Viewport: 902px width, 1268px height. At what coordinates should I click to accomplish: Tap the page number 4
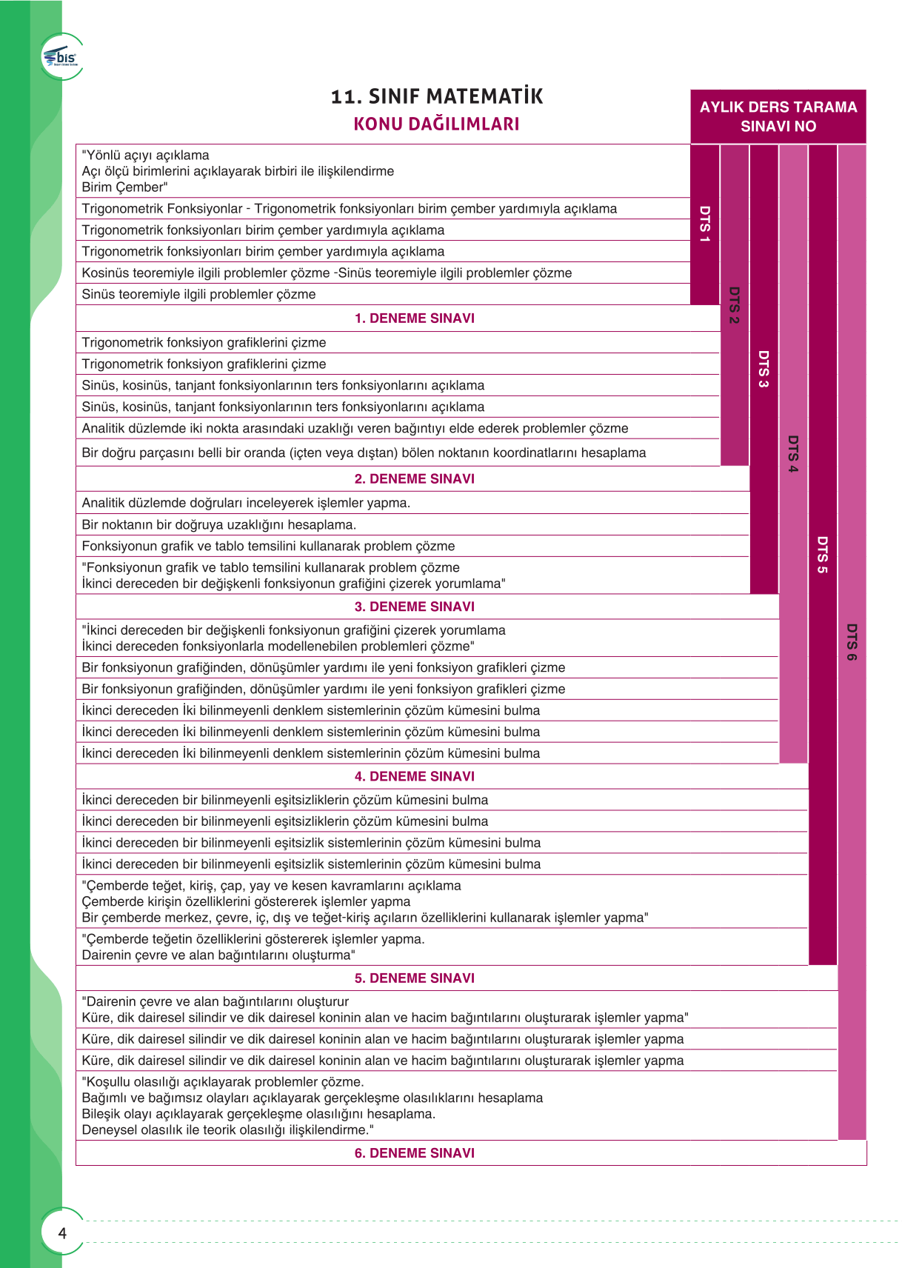[x=62, y=1233]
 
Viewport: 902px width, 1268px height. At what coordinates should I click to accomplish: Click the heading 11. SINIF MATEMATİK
[x=437, y=96]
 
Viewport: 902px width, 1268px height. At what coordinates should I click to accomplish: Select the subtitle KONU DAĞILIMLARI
[x=436, y=124]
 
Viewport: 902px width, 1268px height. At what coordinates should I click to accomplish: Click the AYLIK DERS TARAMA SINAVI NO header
[x=778, y=116]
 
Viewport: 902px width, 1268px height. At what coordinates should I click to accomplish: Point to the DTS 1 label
[x=705, y=224]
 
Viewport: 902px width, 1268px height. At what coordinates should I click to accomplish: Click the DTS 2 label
[x=734, y=305]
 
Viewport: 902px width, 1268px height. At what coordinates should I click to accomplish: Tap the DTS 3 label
[x=764, y=369]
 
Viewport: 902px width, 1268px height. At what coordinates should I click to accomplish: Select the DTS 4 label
[x=793, y=454]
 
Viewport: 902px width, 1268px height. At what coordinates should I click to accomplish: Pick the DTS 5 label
[x=822, y=555]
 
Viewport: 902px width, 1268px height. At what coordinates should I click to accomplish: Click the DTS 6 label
[x=852, y=642]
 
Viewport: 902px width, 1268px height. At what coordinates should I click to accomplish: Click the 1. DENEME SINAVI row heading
[x=414, y=318]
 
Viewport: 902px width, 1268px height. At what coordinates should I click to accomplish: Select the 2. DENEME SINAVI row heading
[x=414, y=478]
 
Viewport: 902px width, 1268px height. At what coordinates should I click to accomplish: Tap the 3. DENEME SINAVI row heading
[x=414, y=607]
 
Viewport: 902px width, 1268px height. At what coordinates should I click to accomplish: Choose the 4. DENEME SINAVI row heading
[x=414, y=776]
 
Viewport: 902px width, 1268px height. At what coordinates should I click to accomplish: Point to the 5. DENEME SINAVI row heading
[x=414, y=978]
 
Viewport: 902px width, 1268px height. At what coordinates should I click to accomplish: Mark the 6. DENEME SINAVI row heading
[x=414, y=1153]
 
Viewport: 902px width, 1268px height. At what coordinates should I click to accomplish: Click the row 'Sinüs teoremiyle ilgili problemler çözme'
[x=198, y=294]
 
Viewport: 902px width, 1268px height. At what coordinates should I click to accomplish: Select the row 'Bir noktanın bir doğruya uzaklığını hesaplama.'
[x=219, y=524]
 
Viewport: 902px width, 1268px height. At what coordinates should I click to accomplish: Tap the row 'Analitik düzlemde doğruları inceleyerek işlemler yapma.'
[x=246, y=503]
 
